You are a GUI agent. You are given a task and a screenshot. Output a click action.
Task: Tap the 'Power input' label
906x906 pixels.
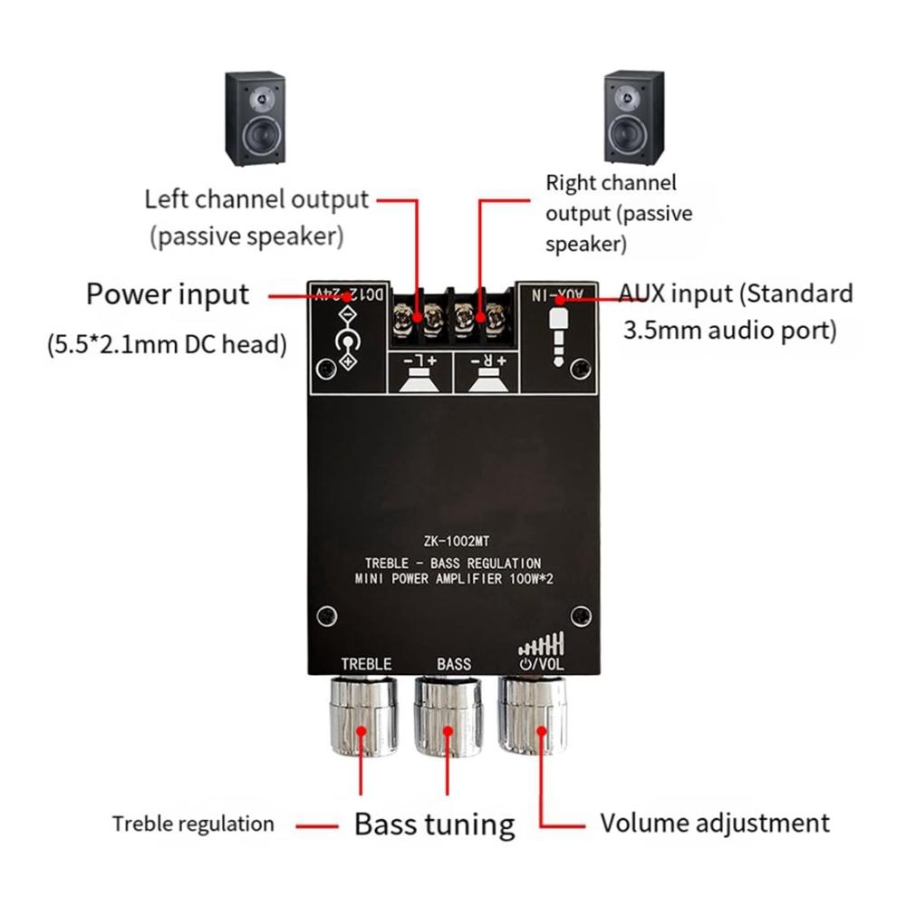tap(167, 294)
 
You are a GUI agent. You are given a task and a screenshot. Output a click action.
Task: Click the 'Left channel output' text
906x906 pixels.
tap(256, 199)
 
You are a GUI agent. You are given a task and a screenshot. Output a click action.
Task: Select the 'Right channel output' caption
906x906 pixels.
tap(618, 214)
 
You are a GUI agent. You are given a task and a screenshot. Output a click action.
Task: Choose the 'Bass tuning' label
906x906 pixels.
tap(434, 824)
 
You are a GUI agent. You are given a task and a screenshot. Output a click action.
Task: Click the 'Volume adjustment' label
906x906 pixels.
tap(715, 823)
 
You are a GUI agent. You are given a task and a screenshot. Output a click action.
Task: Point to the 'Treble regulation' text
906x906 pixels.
tap(193, 824)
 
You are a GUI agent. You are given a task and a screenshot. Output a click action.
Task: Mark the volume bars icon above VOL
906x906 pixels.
tap(542, 644)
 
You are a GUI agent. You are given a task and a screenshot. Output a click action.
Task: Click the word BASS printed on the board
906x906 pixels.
tap(454, 663)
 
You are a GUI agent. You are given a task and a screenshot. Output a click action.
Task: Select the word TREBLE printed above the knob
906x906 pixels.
tap(366, 663)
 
